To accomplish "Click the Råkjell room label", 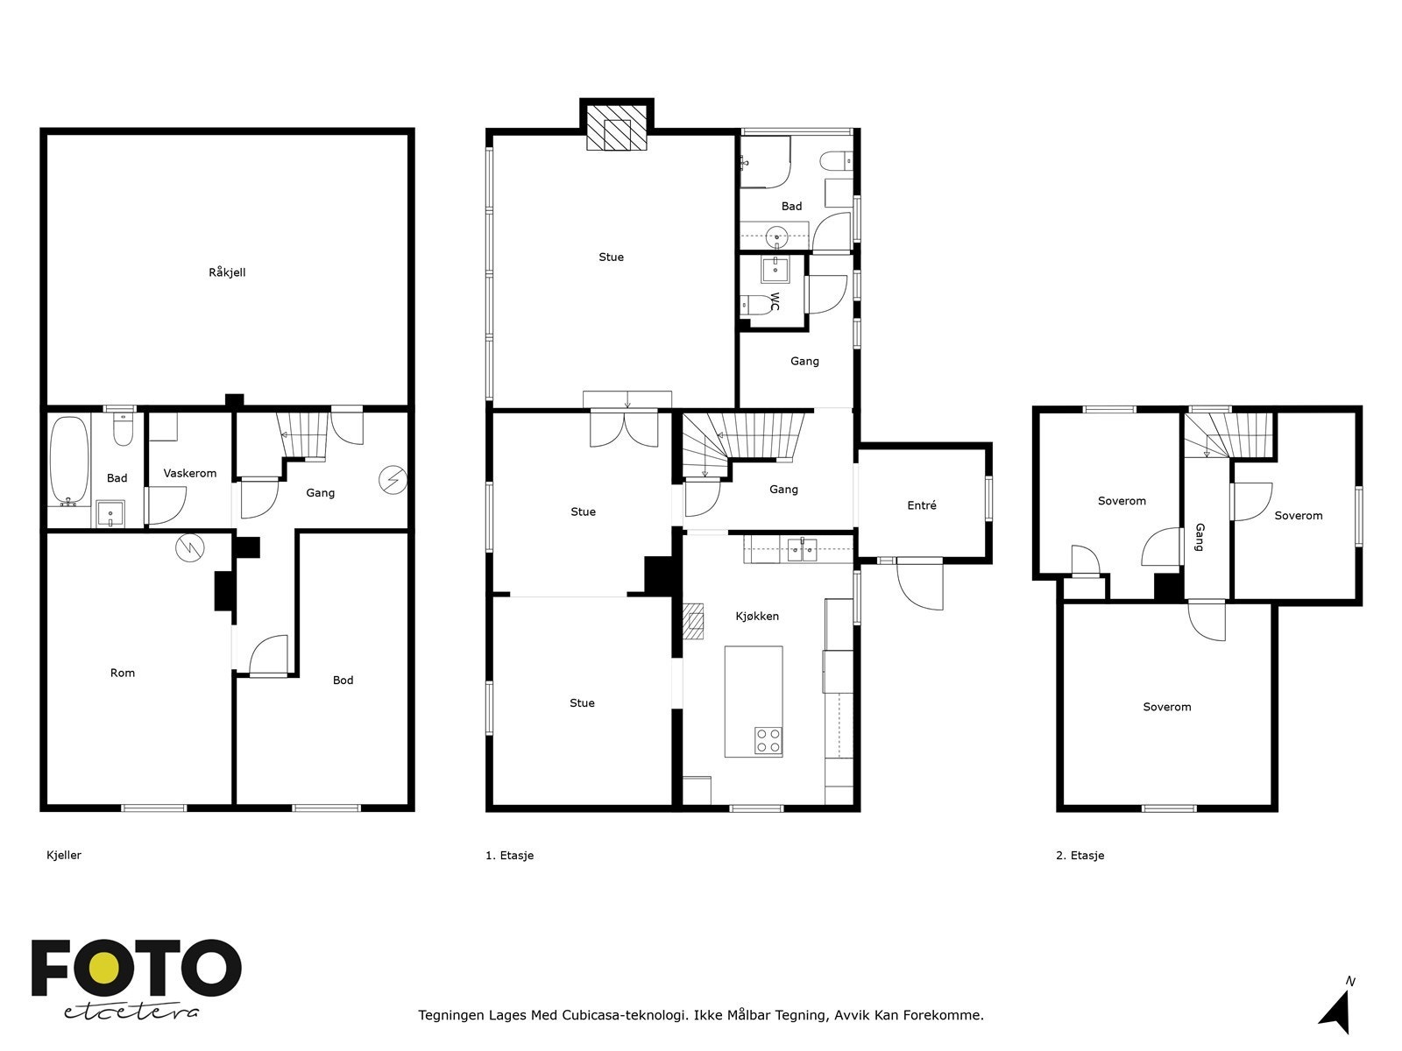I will point(227,272).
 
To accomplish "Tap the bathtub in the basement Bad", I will point(68,460).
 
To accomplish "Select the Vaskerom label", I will point(190,474).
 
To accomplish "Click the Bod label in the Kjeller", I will point(343,681).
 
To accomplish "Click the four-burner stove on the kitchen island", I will point(768,741).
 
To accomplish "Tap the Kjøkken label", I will point(757,617).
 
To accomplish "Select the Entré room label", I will point(922,505).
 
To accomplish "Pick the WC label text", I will point(775,302).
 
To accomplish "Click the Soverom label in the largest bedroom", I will point(1166,708).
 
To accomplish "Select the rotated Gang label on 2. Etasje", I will point(1200,537).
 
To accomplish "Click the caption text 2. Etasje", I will point(1080,856).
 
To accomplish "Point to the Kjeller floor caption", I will point(64,856).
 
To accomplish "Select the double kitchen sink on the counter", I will point(802,550).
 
